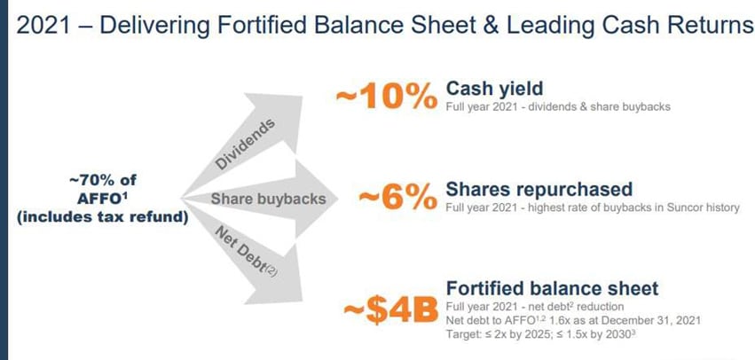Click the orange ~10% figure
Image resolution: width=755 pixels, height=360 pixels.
click(387, 97)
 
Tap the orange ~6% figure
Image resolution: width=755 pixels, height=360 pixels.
click(397, 197)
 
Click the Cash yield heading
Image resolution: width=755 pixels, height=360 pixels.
click(494, 89)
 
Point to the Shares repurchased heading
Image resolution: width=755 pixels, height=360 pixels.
click(539, 189)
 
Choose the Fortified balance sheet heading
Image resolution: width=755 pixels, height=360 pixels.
click(552, 288)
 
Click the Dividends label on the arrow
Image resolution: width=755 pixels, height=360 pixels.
click(245, 144)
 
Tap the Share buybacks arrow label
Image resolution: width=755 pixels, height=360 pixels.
click(268, 199)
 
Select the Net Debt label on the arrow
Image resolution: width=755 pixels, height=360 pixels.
click(245, 254)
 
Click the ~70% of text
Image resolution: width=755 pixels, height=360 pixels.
click(103, 181)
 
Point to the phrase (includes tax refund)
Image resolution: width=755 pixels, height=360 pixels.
click(102, 217)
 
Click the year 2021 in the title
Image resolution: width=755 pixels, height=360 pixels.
click(43, 25)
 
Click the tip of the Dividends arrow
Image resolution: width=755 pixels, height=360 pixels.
click(302, 98)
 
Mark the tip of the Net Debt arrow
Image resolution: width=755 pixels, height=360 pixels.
click(302, 301)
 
